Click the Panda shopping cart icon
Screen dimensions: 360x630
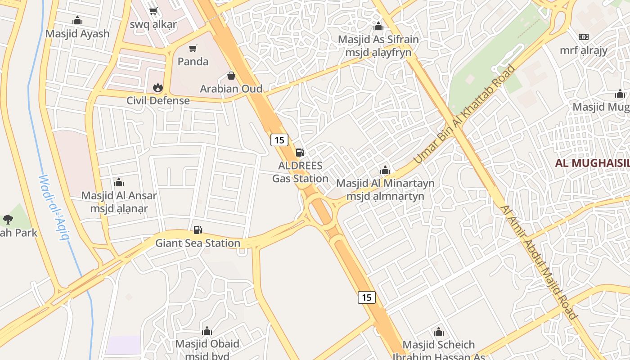click(193, 48)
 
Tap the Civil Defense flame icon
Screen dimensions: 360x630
click(157, 87)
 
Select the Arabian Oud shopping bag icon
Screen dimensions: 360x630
click(231, 75)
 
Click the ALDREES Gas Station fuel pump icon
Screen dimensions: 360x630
click(300, 152)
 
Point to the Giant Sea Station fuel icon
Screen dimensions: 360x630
click(198, 230)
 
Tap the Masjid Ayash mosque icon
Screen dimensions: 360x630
click(77, 20)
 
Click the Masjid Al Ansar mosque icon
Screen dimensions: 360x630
click(119, 182)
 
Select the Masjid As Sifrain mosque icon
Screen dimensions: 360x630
click(378, 26)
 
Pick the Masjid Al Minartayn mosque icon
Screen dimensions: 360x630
click(385, 170)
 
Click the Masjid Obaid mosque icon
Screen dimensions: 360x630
click(207, 331)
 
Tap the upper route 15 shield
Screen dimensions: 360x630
click(279, 139)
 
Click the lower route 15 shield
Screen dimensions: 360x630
click(367, 297)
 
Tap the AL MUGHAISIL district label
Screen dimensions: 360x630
click(592, 163)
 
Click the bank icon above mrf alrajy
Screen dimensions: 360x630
click(584, 37)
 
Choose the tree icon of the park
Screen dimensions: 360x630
click(8, 220)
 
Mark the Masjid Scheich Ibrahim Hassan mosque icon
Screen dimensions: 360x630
click(439, 332)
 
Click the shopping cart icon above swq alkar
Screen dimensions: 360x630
click(153, 11)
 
